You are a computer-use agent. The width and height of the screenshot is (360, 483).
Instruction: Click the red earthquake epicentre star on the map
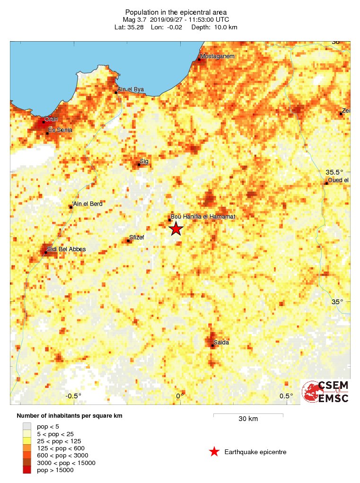pyautogui.click(x=176, y=229)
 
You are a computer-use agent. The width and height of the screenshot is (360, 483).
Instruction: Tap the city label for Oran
pyautogui.click(x=51, y=119)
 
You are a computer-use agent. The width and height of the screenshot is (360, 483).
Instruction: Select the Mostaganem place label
pyautogui.click(x=217, y=57)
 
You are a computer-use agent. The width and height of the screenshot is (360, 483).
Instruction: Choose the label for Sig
pyautogui.click(x=144, y=161)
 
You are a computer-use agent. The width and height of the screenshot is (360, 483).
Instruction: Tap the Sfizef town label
pyautogui.click(x=136, y=238)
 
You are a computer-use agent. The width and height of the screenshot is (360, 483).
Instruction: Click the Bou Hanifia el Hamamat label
pyautogui.click(x=202, y=217)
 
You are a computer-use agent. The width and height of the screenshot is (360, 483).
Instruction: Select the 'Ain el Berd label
pyautogui.click(x=87, y=204)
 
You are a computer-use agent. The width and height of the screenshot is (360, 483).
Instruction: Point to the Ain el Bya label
pyautogui.click(x=130, y=89)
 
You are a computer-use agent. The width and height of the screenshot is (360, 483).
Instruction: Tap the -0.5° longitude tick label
pyautogui.click(x=73, y=396)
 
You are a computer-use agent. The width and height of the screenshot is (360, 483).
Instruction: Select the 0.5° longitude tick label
pyautogui.click(x=286, y=396)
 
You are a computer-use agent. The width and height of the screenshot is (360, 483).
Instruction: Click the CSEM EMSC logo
pyautogui.click(x=325, y=392)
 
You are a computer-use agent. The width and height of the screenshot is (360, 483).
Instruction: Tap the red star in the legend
pyautogui.click(x=214, y=452)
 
